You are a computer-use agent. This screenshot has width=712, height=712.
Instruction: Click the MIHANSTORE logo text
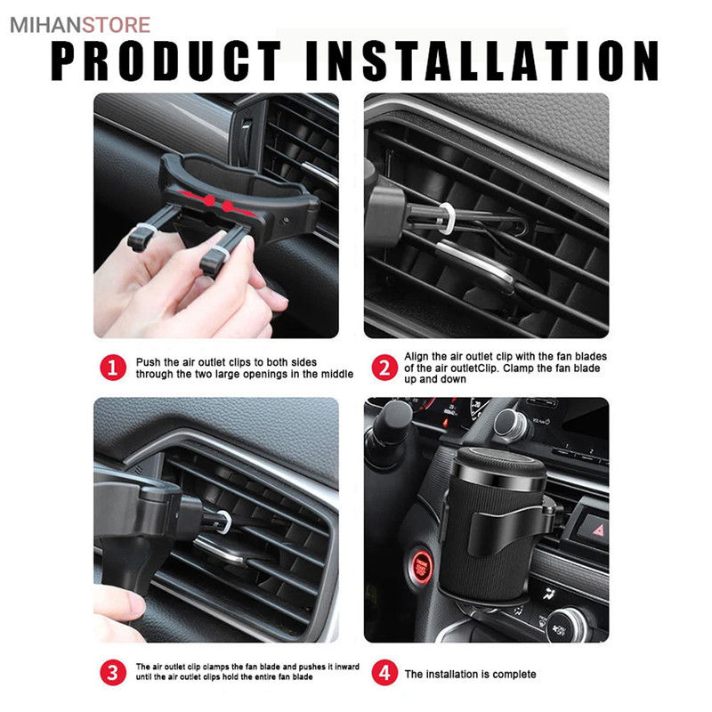(80, 25)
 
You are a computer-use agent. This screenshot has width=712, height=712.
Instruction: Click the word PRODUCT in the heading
(166, 61)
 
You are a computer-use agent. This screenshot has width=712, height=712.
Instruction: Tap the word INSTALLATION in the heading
(482, 61)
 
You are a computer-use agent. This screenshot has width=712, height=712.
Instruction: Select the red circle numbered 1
(113, 368)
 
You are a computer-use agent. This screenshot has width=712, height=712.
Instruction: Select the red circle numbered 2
(384, 368)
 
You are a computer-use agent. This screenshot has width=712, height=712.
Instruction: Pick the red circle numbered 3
(113, 672)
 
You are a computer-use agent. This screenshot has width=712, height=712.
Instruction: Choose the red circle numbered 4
(384, 672)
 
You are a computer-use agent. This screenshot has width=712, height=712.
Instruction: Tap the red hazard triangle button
(598, 530)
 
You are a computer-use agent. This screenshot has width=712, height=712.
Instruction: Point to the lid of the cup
(499, 464)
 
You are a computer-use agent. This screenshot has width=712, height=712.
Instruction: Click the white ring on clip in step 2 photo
(446, 218)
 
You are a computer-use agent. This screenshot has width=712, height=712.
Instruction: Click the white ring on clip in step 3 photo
(224, 522)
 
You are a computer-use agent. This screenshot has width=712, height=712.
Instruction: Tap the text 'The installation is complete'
(470, 674)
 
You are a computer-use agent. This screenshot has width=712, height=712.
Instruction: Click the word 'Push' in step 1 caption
(148, 362)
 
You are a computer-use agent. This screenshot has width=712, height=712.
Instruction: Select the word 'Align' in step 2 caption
(417, 357)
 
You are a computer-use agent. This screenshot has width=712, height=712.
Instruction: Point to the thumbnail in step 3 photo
(136, 605)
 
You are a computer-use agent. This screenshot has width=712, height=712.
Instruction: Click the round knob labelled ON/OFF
(566, 626)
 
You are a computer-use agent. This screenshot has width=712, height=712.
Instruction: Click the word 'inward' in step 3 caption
(346, 667)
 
